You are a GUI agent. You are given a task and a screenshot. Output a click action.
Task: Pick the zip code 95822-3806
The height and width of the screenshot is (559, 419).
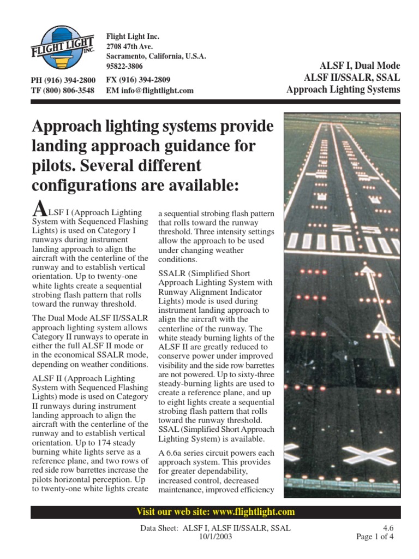tap(124, 66)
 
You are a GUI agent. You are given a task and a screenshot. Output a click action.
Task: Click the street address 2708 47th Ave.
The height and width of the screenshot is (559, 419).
tap(129, 46)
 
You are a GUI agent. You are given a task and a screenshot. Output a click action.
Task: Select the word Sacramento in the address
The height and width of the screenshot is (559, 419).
tap(127, 56)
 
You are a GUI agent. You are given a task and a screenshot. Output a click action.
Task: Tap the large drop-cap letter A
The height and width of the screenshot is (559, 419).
tap(38, 208)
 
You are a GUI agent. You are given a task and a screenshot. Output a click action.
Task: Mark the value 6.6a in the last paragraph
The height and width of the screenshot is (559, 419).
tap(176, 453)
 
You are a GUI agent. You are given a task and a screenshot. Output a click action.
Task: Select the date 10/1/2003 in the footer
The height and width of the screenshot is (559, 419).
tap(215, 537)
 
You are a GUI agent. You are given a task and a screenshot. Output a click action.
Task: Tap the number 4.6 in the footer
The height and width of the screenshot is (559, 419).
tap(387, 528)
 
